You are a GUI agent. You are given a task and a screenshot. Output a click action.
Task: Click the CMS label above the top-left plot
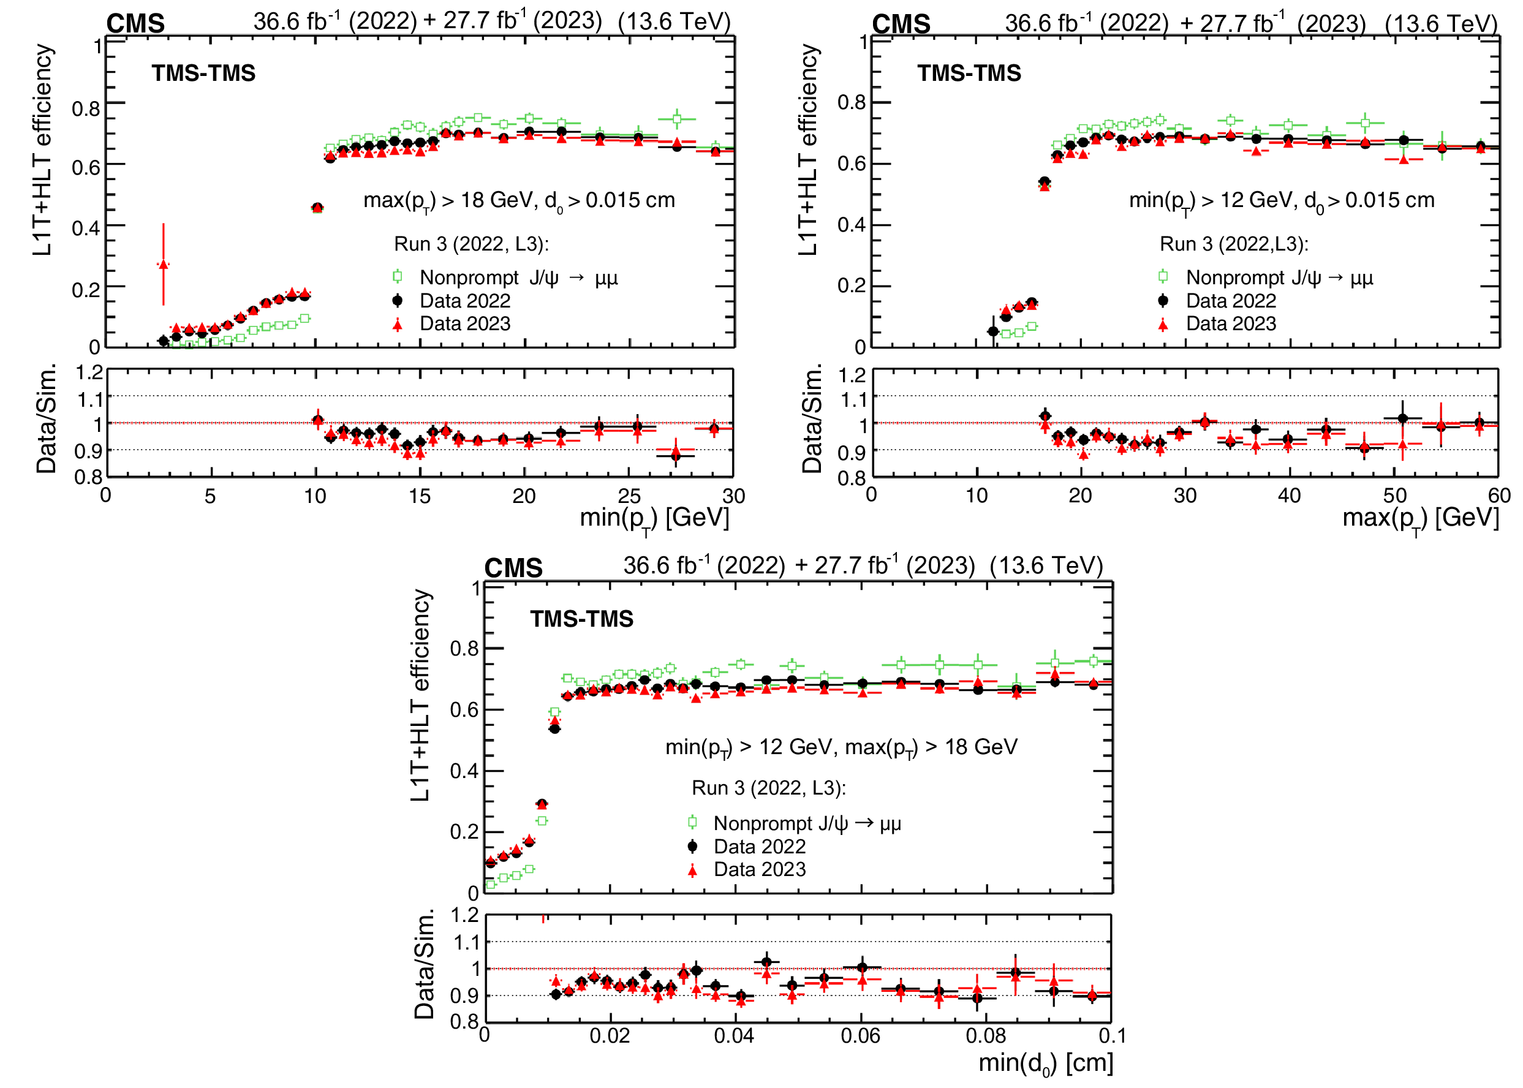pos(135,24)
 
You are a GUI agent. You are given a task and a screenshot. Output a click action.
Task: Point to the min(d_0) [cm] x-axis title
pos(1045,1063)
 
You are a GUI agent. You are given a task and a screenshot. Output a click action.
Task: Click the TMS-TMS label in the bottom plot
pos(581,618)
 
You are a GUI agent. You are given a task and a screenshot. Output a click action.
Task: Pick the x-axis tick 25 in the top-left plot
pos(629,496)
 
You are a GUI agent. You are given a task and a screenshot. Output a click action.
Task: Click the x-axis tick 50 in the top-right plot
pos(1395,496)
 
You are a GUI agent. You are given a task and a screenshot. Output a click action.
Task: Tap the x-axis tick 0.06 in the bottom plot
pos(860,1037)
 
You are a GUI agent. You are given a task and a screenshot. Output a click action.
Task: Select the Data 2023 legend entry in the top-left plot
pos(464,323)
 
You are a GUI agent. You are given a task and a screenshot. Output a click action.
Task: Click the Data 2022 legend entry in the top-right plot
pos(1231,301)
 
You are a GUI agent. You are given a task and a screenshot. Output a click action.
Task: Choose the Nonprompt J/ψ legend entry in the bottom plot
pos(807,823)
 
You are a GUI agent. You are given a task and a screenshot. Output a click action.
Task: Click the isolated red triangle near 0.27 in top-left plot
pos(164,265)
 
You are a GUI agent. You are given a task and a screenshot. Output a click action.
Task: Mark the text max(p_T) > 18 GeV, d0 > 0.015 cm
pos(520,200)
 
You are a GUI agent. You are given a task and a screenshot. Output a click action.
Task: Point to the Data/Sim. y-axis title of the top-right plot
pos(811,418)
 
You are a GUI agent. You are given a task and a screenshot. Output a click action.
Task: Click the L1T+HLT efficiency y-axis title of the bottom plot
pos(420,695)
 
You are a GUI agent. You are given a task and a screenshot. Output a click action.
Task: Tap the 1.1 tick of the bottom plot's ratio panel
pos(466,943)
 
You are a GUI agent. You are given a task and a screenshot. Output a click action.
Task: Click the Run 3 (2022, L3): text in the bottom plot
pos(768,788)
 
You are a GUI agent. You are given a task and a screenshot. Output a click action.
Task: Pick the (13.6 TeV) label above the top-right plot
pos(1442,23)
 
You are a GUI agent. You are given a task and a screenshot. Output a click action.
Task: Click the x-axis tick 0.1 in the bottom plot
pos(1113,1037)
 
